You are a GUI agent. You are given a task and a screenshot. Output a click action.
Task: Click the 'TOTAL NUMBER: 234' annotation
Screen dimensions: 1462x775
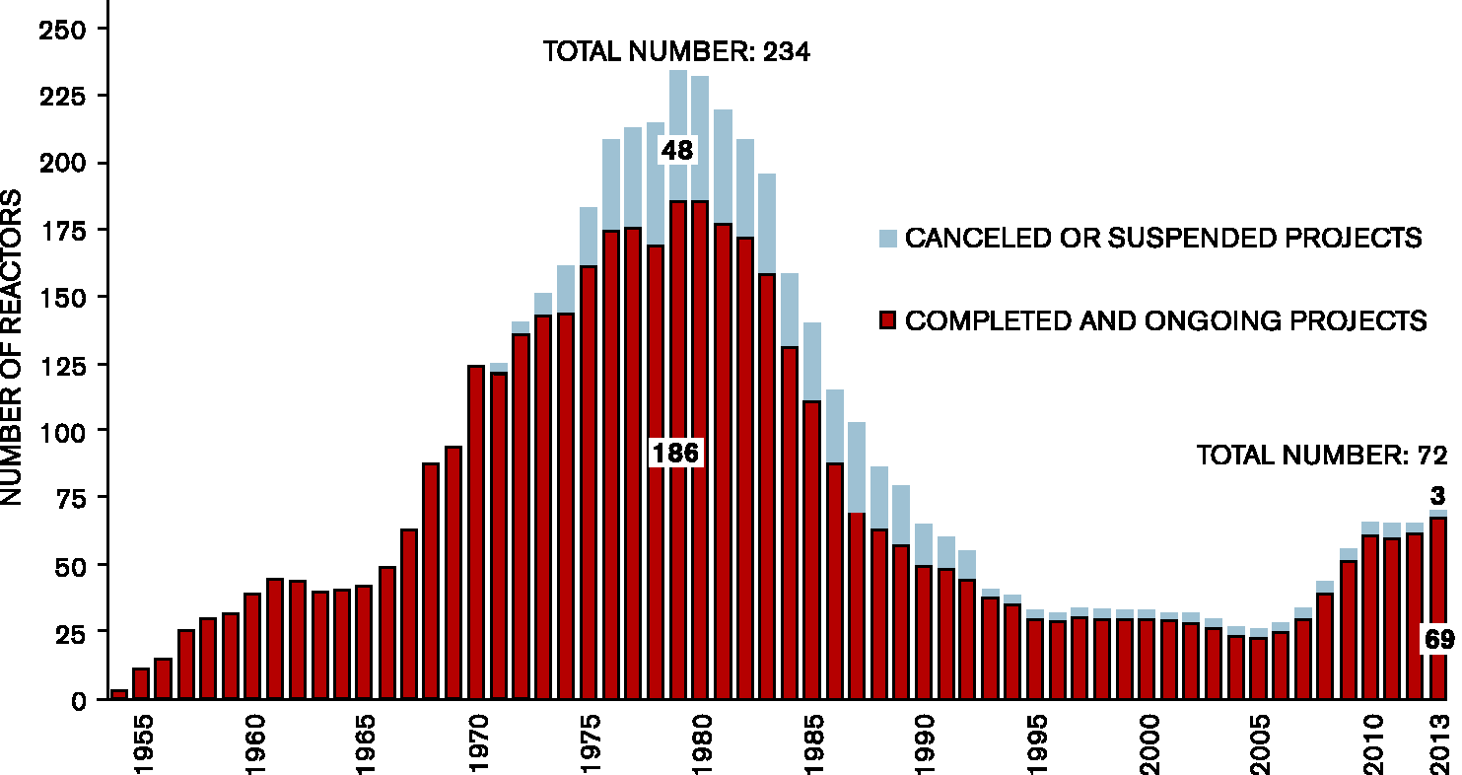coord(677,51)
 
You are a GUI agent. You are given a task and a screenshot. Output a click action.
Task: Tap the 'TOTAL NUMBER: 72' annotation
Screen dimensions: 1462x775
coord(1322,456)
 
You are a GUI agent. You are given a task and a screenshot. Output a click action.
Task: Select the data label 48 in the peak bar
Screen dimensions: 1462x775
coord(677,151)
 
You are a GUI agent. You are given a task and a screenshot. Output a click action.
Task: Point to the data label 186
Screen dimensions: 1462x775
coord(675,454)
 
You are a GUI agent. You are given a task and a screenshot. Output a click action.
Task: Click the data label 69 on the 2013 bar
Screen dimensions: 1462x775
coord(1439,639)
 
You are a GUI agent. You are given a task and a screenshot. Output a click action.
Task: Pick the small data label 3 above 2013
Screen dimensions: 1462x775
coord(1437,496)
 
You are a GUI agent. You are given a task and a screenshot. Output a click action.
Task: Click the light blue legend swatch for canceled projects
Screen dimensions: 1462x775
coord(887,239)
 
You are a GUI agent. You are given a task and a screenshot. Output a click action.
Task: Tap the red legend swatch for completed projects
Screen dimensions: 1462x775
coord(887,320)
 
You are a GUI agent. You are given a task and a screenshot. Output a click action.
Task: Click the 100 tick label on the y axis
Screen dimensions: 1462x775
coord(63,432)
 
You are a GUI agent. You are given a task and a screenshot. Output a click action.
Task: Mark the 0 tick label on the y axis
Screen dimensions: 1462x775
coord(78,701)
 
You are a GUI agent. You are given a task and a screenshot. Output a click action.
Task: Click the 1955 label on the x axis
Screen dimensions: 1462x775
coord(143,744)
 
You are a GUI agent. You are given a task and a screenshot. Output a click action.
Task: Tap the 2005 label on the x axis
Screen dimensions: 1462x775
coord(1260,744)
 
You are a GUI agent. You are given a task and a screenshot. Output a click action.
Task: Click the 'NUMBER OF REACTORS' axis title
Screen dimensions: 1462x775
coord(11,347)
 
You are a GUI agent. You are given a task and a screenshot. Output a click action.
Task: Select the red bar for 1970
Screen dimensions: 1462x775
coord(476,532)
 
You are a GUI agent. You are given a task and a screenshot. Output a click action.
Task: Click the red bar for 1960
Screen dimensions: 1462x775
coord(252,646)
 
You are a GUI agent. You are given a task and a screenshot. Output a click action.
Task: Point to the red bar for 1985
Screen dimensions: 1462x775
coord(811,550)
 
